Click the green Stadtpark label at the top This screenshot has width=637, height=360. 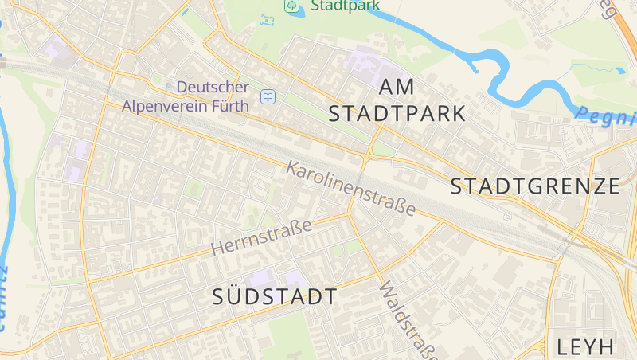click(346, 6)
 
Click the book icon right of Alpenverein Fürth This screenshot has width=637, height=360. click(268, 97)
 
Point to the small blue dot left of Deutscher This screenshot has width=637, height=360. click(168, 86)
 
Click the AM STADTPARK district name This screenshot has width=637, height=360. click(397, 100)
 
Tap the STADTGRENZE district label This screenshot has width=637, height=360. click(535, 186)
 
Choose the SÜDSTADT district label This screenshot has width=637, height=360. click(275, 297)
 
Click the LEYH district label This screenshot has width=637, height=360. click(586, 346)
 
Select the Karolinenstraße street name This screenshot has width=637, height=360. click(351, 189)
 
